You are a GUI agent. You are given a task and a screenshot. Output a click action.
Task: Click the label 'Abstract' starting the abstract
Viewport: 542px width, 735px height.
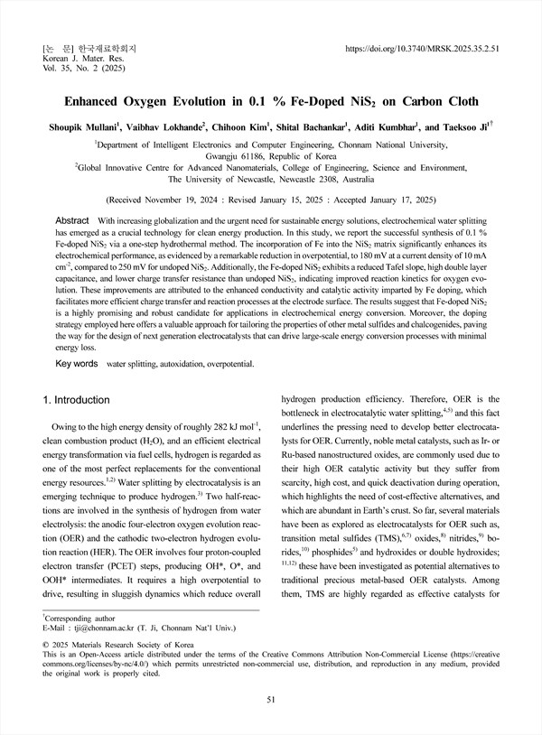tap(72, 220)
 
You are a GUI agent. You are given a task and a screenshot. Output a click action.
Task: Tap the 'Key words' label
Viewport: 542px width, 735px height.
tap(77, 363)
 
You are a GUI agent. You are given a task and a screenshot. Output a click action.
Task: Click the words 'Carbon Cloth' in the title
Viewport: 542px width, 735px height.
tap(438, 102)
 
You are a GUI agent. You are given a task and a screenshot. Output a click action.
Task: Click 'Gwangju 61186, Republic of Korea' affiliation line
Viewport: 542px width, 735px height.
tap(270, 155)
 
